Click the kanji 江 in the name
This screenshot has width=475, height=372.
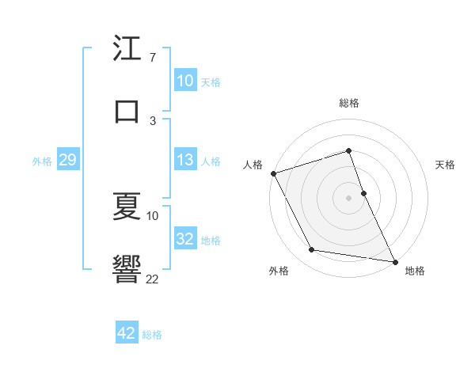pyautogui.click(x=127, y=48)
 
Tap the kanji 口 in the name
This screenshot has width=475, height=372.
pyautogui.click(x=127, y=111)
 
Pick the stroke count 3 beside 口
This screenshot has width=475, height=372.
pyautogui.click(x=152, y=120)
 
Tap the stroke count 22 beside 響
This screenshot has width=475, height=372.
pyautogui.click(x=152, y=279)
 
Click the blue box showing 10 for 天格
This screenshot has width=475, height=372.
pyautogui.click(x=185, y=81)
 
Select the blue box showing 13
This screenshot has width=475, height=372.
pyautogui.click(x=185, y=160)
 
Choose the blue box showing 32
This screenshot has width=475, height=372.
pyautogui.click(x=185, y=239)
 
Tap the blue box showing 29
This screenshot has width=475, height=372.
pyautogui.click(x=67, y=160)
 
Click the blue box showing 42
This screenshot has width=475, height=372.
pyautogui.click(x=127, y=333)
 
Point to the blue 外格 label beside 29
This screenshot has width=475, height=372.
pyautogui.click(x=42, y=161)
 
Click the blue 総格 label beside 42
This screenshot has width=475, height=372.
pyautogui.click(x=152, y=334)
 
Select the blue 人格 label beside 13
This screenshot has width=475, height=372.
pyautogui.click(x=211, y=161)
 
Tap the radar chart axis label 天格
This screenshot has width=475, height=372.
pyautogui.click(x=446, y=165)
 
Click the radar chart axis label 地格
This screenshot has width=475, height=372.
pyautogui.click(x=415, y=271)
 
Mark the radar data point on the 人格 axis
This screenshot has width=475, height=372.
pyautogui.click(x=273, y=173)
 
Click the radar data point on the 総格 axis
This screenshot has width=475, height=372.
pyautogui.click(x=348, y=150)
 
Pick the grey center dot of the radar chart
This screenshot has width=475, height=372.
pyautogui.click(x=348, y=198)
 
